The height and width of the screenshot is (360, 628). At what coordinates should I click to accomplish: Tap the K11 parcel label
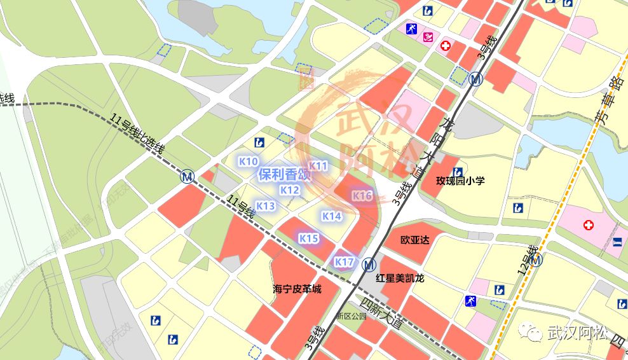click(x=318, y=166)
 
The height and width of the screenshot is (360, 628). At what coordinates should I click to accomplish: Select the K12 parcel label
click(x=289, y=190)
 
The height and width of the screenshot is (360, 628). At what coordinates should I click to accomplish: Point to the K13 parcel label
click(x=265, y=205)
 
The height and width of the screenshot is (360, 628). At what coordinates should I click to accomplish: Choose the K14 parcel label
click(x=331, y=216)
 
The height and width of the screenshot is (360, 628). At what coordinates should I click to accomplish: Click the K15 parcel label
click(x=308, y=238)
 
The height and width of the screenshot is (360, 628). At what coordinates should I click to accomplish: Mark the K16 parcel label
click(x=362, y=196)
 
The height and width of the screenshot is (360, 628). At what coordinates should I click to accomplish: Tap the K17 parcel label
click(x=344, y=262)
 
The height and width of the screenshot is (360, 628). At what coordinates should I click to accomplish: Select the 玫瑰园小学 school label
click(x=460, y=181)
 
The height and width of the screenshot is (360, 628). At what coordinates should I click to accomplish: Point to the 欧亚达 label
click(x=415, y=240)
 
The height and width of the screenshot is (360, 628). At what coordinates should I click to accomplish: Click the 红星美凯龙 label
click(x=400, y=278)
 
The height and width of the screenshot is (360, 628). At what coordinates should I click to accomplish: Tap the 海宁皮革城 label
click(x=297, y=289)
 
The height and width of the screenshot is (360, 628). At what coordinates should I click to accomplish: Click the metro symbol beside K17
click(x=368, y=264)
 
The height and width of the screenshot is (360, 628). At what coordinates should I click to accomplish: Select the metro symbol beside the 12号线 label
click(x=537, y=260)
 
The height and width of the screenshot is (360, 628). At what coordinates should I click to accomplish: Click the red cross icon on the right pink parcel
click(x=589, y=225)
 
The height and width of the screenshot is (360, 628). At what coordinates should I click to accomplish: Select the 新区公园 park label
click(x=352, y=316)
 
